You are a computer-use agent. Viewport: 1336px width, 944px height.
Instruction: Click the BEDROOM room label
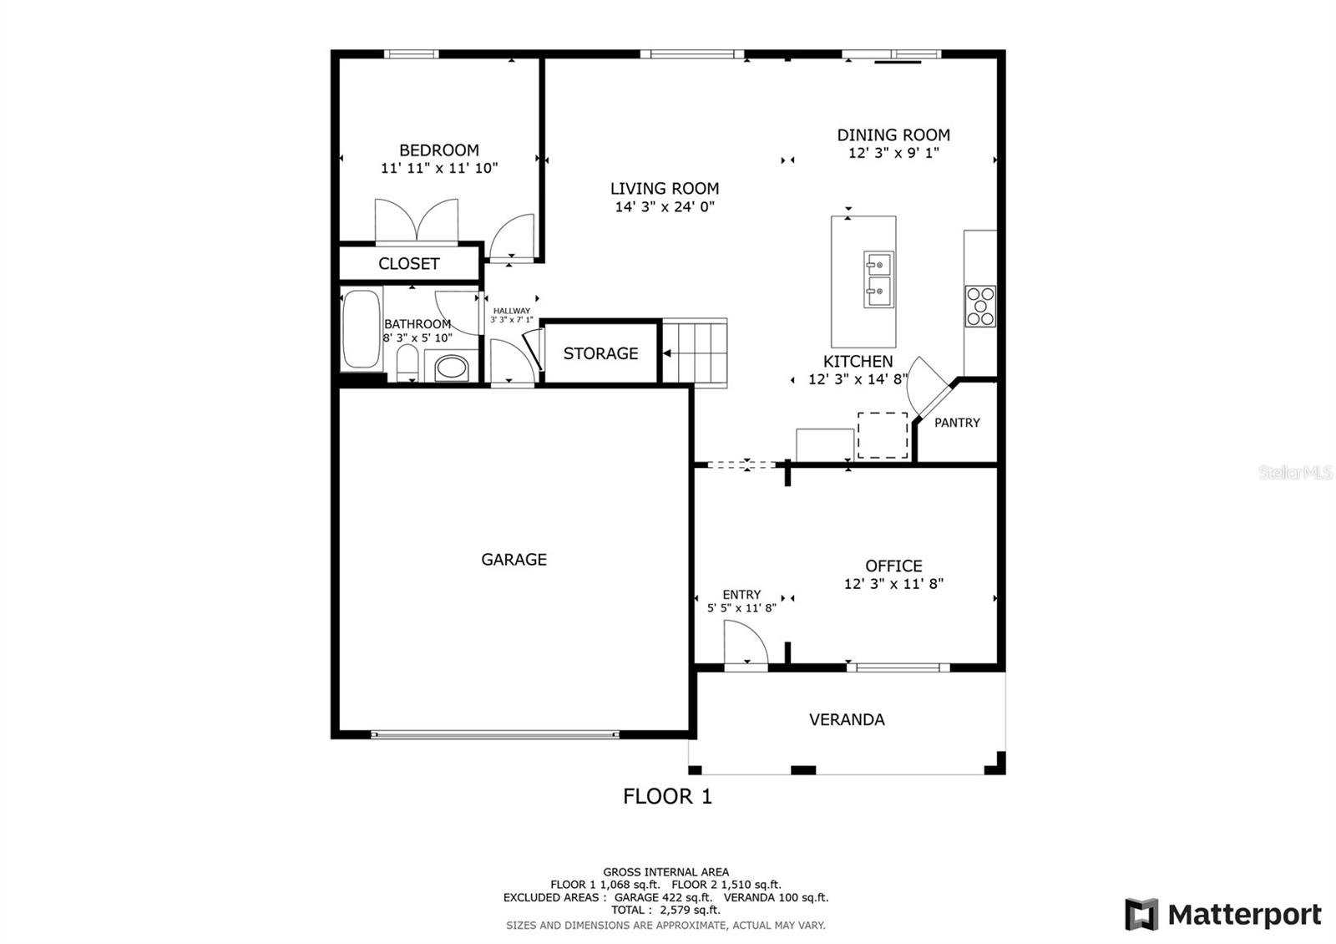[x=439, y=150]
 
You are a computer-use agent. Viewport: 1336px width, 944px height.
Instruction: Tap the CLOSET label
[x=408, y=264]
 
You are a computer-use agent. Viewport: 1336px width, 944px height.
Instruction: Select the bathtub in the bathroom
[x=362, y=329]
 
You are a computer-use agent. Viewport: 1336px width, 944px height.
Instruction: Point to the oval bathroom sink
[x=453, y=367]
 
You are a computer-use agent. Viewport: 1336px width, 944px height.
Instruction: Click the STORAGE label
[x=600, y=353]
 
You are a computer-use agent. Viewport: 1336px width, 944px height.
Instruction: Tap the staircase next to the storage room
[x=695, y=352]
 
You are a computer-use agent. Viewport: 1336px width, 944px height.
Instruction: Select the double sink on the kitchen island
[x=878, y=279]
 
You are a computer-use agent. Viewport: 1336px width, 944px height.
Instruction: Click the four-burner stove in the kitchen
[x=980, y=306]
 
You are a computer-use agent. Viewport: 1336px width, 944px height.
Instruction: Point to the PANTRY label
[x=957, y=423]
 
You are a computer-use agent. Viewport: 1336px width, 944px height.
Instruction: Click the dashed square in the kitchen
[x=883, y=435]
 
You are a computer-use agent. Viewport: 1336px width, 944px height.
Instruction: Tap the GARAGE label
[x=514, y=560]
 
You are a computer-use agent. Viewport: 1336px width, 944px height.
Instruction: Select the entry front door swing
[x=745, y=646]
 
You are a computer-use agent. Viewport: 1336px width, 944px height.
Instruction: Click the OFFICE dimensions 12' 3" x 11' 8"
[x=893, y=584]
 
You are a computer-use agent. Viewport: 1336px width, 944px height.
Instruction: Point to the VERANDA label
[x=847, y=719]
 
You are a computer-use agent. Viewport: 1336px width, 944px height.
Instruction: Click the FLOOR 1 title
[x=667, y=796]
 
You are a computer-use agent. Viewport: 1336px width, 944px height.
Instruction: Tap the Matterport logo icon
[x=1141, y=914]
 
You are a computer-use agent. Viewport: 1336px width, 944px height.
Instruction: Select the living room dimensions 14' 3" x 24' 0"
[x=665, y=207]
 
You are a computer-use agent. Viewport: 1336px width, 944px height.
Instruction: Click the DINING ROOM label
[x=893, y=134]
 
